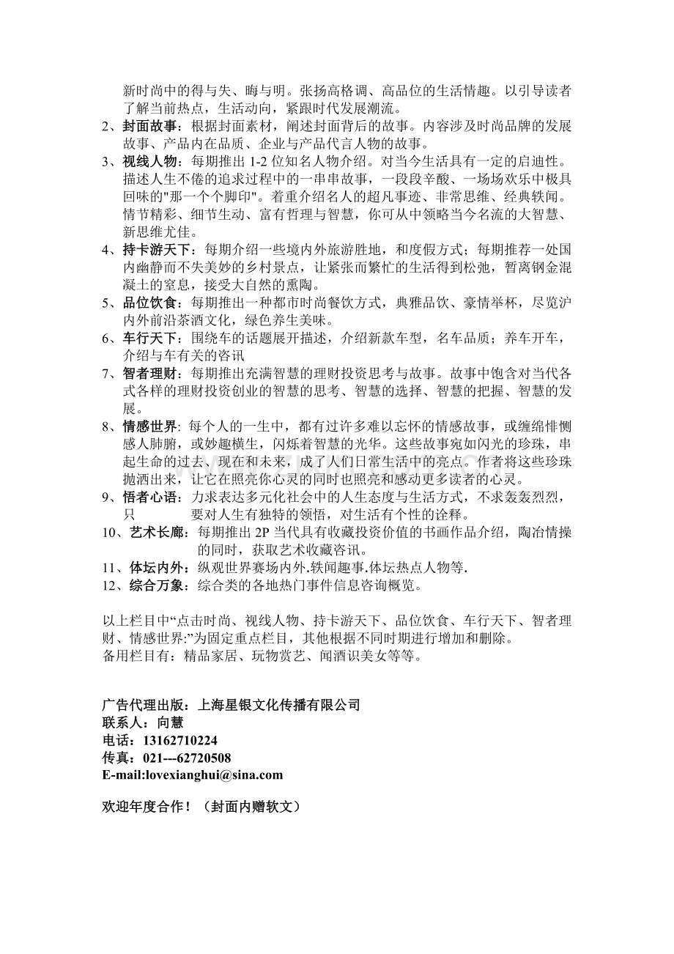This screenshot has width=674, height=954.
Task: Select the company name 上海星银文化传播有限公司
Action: coord(279,704)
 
